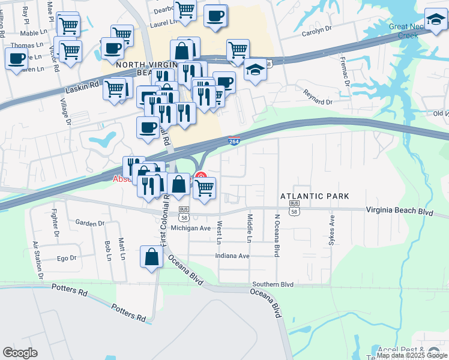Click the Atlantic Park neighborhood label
point(315,196)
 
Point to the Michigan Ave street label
point(190,229)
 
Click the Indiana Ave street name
point(233,256)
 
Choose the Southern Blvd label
point(273,284)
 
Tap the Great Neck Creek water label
point(411,31)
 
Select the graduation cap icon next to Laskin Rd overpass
point(255,70)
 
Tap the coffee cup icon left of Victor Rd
point(17,59)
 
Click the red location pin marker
point(202,178)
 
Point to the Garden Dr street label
point(90,223)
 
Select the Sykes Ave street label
point(331,229)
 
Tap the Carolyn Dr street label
point(316,29)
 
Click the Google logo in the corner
point(20,353)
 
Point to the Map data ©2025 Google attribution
point(411,355)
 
